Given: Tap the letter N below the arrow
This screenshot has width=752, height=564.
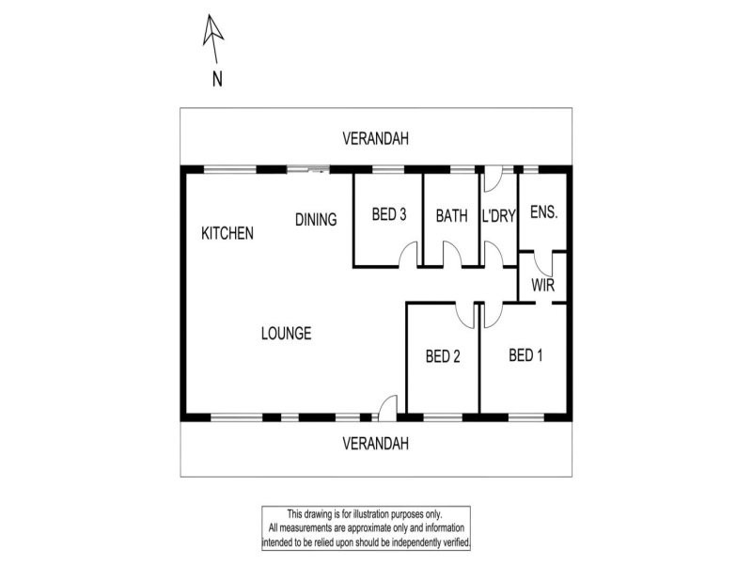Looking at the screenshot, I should (216, 80).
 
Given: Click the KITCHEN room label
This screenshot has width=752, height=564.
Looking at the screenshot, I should (227, 233).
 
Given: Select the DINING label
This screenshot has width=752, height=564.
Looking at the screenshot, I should (316, 220).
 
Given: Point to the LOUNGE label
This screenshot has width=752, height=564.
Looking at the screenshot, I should (286, 334).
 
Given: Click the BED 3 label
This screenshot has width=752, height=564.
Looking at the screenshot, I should (388, 215).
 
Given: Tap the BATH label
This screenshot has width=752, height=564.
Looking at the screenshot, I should (451, 215).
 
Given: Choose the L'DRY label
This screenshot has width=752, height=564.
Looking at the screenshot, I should (499, 215).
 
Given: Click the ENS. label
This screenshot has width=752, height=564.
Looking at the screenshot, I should (544, 213).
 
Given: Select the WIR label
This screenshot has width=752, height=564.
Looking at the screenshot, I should (543, 286).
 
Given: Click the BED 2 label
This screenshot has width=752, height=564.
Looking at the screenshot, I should (442, 356).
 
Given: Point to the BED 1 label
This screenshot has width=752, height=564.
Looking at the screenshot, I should (525, 355).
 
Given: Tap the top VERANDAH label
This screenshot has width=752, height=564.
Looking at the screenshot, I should (375, 139).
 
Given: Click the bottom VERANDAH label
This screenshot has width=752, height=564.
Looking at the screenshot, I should (375, 444).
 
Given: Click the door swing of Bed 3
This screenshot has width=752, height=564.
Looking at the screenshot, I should (407, 255).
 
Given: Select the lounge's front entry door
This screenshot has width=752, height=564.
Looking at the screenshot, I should (386, 406).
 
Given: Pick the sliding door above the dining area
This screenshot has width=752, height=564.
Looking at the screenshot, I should (307, 170).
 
